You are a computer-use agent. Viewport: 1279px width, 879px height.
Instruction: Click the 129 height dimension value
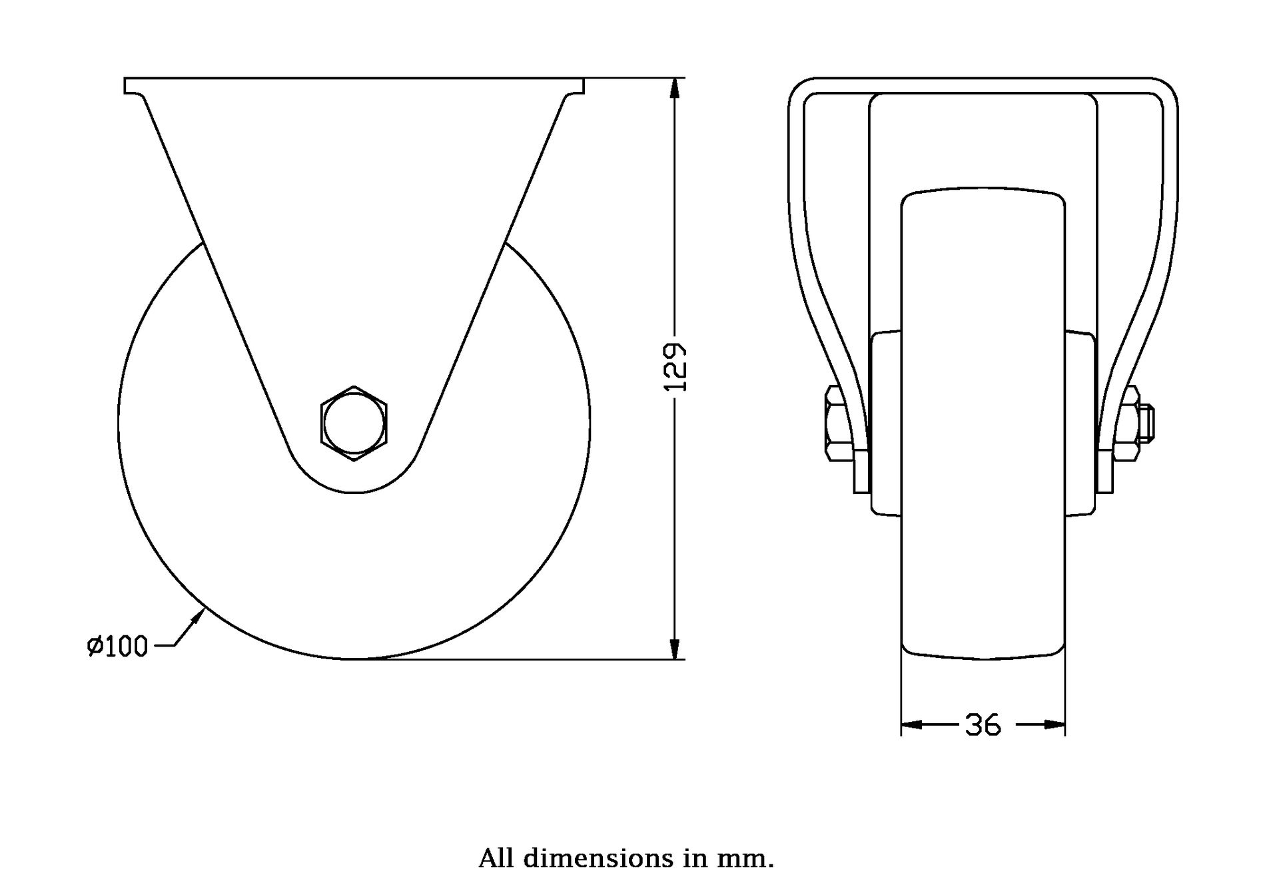[x=675, y=367]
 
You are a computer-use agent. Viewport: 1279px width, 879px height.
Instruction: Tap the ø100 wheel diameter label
[x=117, y=646]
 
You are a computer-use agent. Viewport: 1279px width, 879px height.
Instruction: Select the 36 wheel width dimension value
[x=983, y=725]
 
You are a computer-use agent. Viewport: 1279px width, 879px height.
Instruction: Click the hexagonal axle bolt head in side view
[x=354, y=423]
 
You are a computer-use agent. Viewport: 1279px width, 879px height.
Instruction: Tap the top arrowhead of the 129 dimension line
[x=675, y=89]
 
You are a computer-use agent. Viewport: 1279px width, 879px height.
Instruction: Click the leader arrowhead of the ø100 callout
[x=197, y=618]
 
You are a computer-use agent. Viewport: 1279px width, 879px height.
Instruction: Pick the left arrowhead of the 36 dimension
[x=911, y=725]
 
